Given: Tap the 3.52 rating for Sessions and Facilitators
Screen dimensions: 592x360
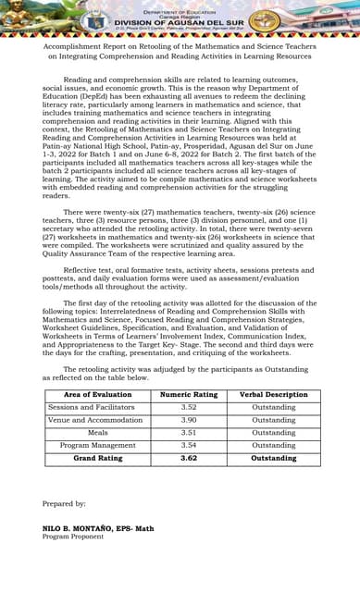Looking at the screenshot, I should [189, 407].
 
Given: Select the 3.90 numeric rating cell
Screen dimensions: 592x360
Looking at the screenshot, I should [189, 420].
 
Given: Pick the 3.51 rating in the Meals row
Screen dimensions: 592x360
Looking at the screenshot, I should [189, 432].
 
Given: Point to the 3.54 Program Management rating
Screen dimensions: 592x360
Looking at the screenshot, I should [189, 445].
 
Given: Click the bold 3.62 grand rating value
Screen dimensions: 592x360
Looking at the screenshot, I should [189, 458].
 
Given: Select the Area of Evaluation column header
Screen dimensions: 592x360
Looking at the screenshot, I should [98, 394].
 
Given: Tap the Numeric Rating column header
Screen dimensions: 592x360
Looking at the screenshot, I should [189, 394].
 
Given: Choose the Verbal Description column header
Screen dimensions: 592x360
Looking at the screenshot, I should [274, 394].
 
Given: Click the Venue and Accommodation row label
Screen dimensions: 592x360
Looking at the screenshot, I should [98, 420].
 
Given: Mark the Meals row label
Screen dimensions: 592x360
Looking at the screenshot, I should [98, 432].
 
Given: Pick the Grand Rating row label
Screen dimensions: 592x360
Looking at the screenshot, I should [98, 458].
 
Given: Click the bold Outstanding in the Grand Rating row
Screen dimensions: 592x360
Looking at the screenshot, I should [274, 458].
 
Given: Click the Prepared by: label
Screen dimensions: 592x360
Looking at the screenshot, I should [64, 503].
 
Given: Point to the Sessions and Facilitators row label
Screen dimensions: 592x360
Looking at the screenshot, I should [98, 407].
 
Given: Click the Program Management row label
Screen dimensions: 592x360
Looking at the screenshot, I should [98, 445].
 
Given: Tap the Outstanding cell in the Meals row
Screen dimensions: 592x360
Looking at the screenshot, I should [274, 432].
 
